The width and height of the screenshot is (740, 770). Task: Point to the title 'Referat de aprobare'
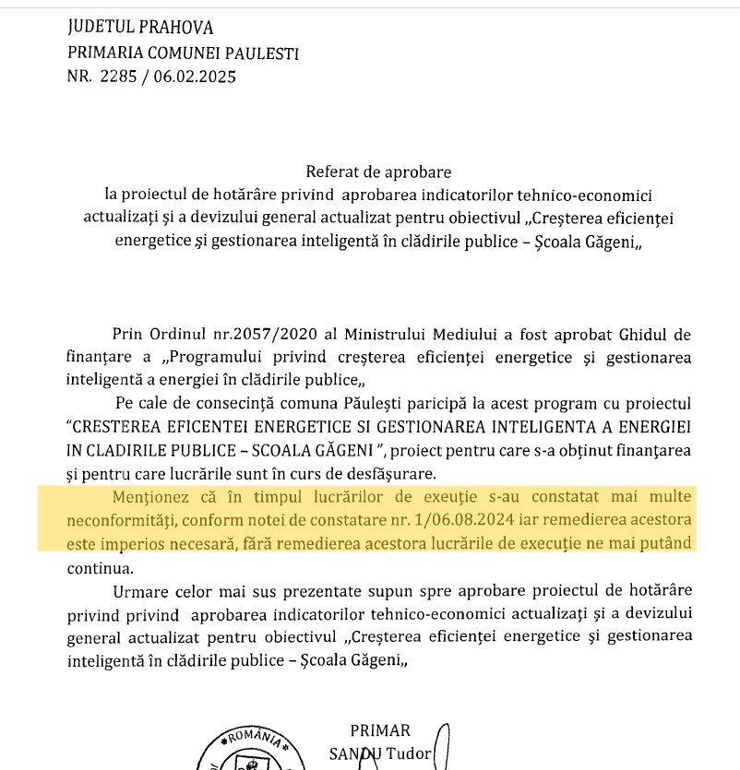click(x=379, y=172)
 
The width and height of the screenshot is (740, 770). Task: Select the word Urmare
click(x=139, y=590)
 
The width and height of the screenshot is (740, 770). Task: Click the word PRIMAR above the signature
click(x=380, y=731)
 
